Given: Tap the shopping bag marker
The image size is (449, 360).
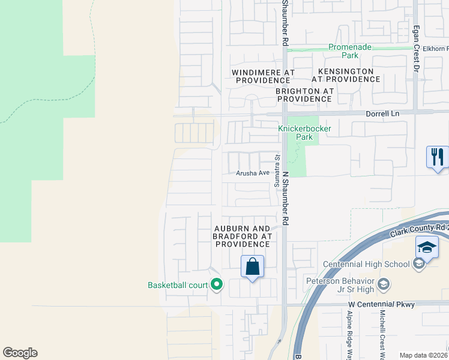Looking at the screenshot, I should click(x=253, y=266).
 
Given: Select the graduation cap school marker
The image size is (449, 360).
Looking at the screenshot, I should click(x=426, y=247).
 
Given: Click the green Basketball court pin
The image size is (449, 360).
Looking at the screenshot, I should click(x=216, y=286).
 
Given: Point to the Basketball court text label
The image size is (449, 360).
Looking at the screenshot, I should click(x=178, y=286).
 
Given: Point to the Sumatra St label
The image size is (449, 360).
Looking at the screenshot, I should click(x=277, y=170).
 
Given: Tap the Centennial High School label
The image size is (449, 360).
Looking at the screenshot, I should click(x=366, y=264).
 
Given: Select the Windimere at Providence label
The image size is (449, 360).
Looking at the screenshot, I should click(x=263, y=76).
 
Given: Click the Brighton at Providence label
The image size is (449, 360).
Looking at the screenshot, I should click(x=304, y=95).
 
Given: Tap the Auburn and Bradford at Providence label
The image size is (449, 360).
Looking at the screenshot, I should click(x=243, y=236).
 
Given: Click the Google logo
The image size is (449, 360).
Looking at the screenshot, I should click(x=20, y=353).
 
